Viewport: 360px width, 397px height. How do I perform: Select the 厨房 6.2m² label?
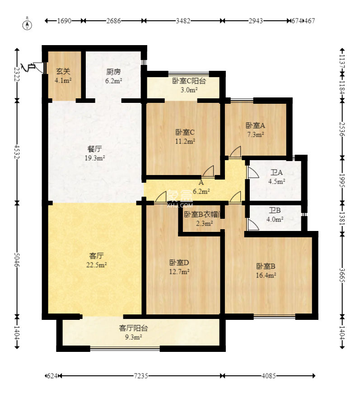click(x=113, y=76)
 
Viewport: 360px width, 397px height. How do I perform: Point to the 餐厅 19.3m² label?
click(x=95, y=153)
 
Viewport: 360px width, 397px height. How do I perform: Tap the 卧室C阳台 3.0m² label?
click(x=189, y=85)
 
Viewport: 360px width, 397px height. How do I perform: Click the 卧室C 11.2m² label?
click(x=185, y=136)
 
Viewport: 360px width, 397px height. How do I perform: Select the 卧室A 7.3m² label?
click(x=255, y=129)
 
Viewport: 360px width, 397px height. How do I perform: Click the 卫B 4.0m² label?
click(x=276, y=215)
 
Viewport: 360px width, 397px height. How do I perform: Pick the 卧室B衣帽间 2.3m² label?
click(x=201, y=218)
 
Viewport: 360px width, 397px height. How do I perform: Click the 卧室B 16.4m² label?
click(x=266, y=270)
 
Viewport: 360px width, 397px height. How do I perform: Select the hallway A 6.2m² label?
click(x=201, y=187)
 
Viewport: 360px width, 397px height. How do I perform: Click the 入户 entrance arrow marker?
click(x=30, y=67)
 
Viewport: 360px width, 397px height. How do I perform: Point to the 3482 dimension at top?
click(x=183, y=21)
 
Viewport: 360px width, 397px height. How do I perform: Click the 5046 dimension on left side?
click(x=17, y=259)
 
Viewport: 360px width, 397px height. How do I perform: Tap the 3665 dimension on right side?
click(x=342, y=275)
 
